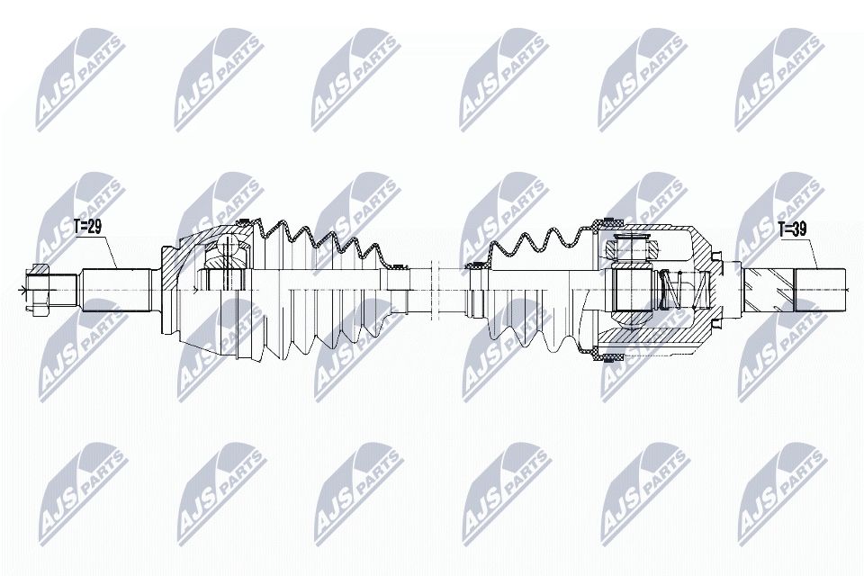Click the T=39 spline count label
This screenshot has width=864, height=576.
pos(792,229)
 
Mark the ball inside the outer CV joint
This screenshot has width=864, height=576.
pos(224,256)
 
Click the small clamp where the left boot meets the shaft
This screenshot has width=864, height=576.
pos(392,265)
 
